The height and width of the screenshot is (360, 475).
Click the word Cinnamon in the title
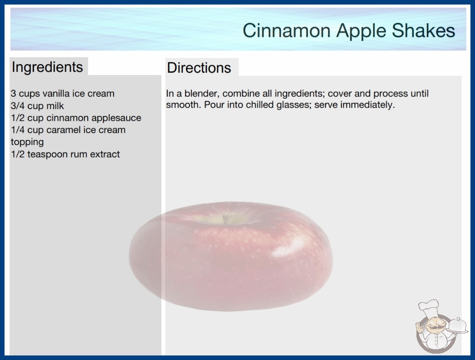286,30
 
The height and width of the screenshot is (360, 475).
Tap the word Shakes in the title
424,30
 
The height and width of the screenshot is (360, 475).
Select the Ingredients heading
47,67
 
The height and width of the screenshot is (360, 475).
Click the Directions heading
199,68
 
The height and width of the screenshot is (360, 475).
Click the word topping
27,142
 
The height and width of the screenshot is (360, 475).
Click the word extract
105,155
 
